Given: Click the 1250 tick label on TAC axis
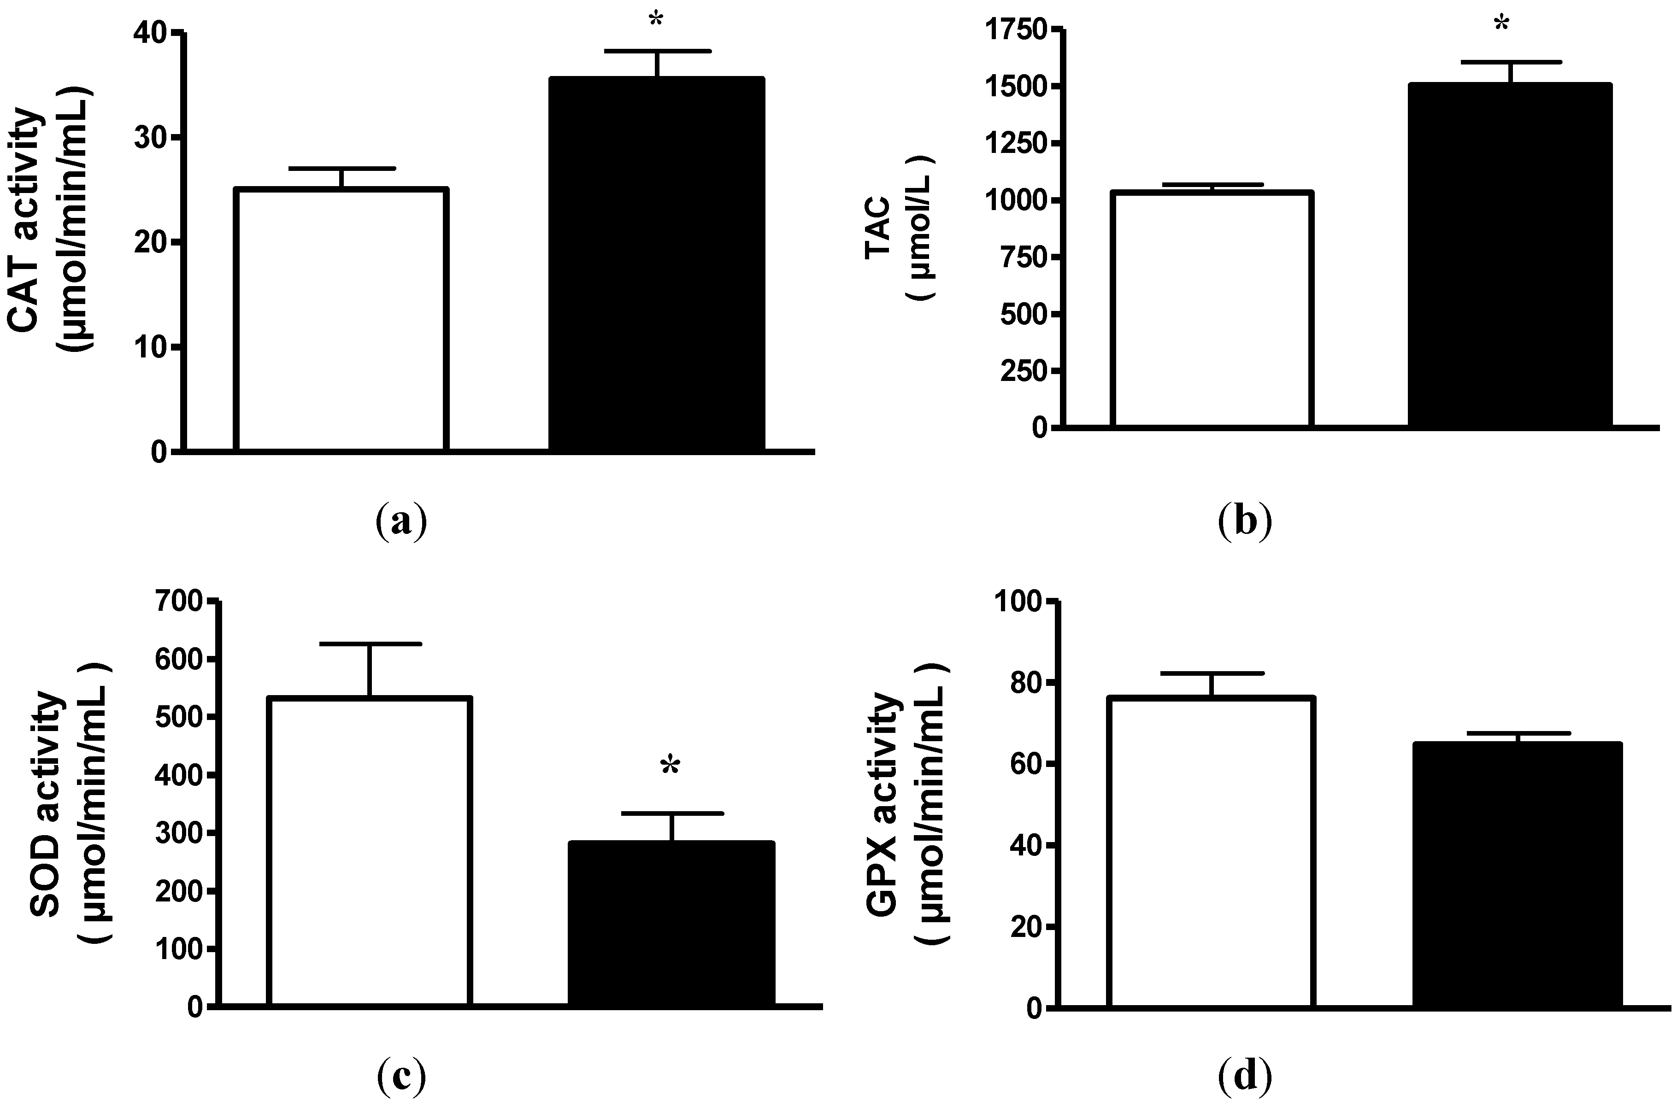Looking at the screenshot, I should (1017, 144).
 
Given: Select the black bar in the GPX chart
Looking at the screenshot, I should (1517, 875).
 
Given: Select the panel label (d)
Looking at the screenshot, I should (1245, 1076).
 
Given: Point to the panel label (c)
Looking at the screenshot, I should (401, 1076).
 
